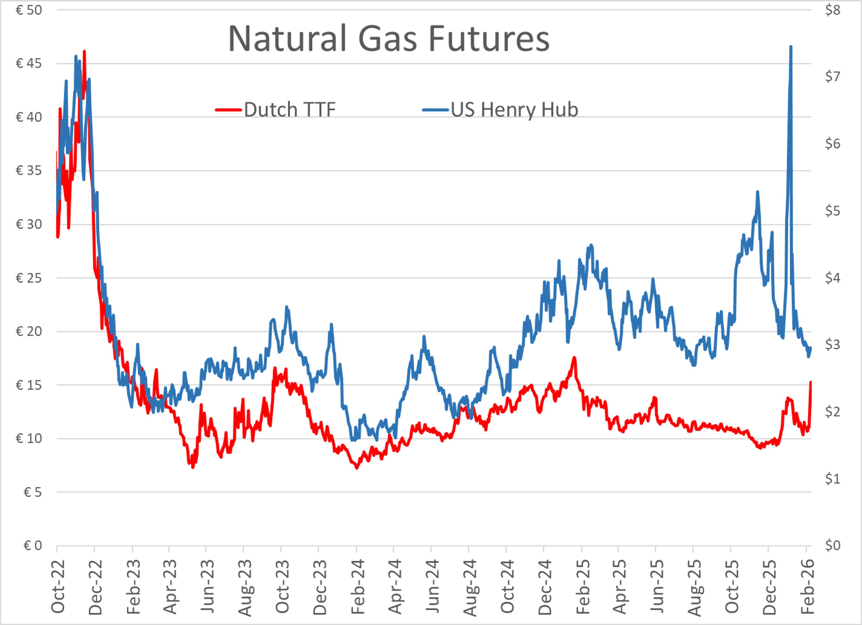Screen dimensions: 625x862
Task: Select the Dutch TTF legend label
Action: [290, 110]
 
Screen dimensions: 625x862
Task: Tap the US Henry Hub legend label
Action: [514, 110]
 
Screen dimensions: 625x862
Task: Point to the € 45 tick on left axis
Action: [29, 63]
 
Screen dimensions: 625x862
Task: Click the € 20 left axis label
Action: [29, 331]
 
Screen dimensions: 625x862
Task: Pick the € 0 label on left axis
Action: [32, 546]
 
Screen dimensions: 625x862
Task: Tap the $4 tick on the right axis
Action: [832, 278]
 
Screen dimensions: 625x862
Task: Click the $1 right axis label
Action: [832, 479]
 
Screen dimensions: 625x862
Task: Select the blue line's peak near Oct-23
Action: [287, 307]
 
